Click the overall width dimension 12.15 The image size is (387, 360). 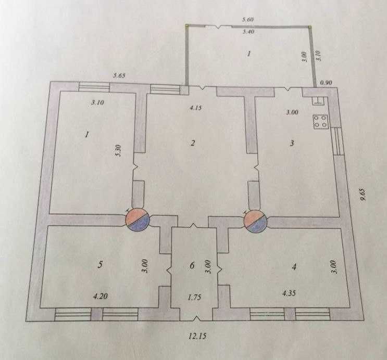[197, 336]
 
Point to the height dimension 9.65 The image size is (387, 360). [362, 195]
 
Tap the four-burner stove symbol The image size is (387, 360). [320, 122]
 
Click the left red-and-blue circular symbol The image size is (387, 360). [138, 220]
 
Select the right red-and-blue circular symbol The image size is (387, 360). [255, 222]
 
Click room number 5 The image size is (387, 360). [100, 265]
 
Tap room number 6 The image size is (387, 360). [192, 265]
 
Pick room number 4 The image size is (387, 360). [294, 266]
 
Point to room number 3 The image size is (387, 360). [292, 143]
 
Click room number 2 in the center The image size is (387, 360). [193, 143]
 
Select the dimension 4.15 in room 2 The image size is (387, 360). [196, 108]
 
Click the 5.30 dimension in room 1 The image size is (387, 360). [118, 151]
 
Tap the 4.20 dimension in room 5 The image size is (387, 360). [100, 296]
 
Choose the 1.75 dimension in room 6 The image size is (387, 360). [194, 297]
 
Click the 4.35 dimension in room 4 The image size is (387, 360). [289, 293]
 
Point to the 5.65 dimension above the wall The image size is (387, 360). [119, 75]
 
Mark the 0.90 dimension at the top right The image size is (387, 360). [326, 83]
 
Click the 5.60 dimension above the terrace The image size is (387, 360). [247, 19]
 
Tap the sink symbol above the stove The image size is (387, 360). [318, 101]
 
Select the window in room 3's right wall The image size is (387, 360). [338, 142]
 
